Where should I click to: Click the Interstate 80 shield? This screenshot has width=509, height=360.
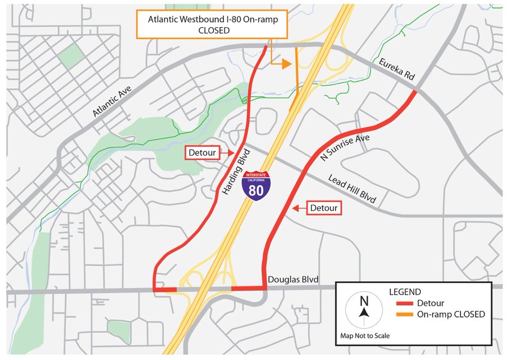coord(256,185)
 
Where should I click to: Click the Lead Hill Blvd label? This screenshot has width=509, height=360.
coord(352,188)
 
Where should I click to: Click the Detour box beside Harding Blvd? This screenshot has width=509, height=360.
coord(202,153)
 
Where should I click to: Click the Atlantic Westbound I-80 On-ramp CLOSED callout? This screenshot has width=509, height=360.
coord(217,24)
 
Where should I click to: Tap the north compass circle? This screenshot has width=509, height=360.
coord(364,311)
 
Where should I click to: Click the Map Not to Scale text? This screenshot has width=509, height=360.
coord(365,336)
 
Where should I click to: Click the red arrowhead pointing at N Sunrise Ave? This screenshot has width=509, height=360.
coord(295,208)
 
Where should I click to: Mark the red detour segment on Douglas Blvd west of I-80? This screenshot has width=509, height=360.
coord(165,290)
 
